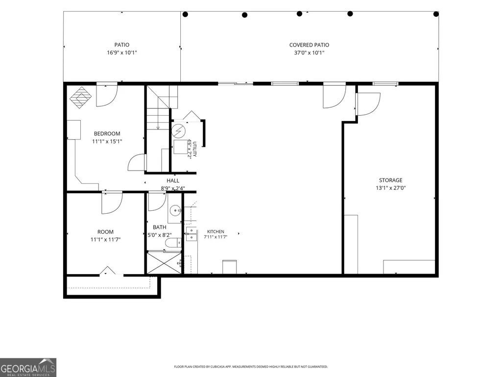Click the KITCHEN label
click(215, 231)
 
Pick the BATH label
click(160, 227)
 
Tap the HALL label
click(173, 181)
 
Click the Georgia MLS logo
click(28, 367)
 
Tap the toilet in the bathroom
click(173, 243)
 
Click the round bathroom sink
click(175, 211)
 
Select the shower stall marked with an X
click(164, 263)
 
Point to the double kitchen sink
click(191, 234)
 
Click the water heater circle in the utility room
click(178, 130)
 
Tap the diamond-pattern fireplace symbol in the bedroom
click(81, 98)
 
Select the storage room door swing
click(368, 104)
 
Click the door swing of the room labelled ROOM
click(112, 203)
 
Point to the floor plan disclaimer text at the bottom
click(251, 366)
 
